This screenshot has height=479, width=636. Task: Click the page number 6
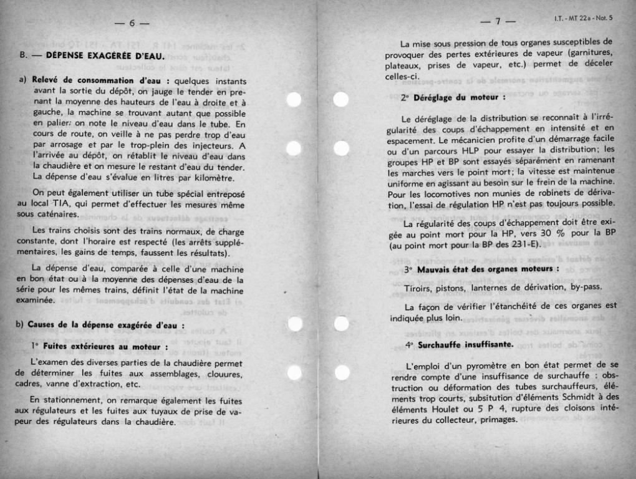(x=132, y=24)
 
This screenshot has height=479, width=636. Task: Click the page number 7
(x=498, y=22)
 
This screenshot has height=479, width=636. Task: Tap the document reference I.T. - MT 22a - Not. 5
(x=583, y=17)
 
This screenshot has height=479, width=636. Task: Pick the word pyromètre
(x=478, y=365)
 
